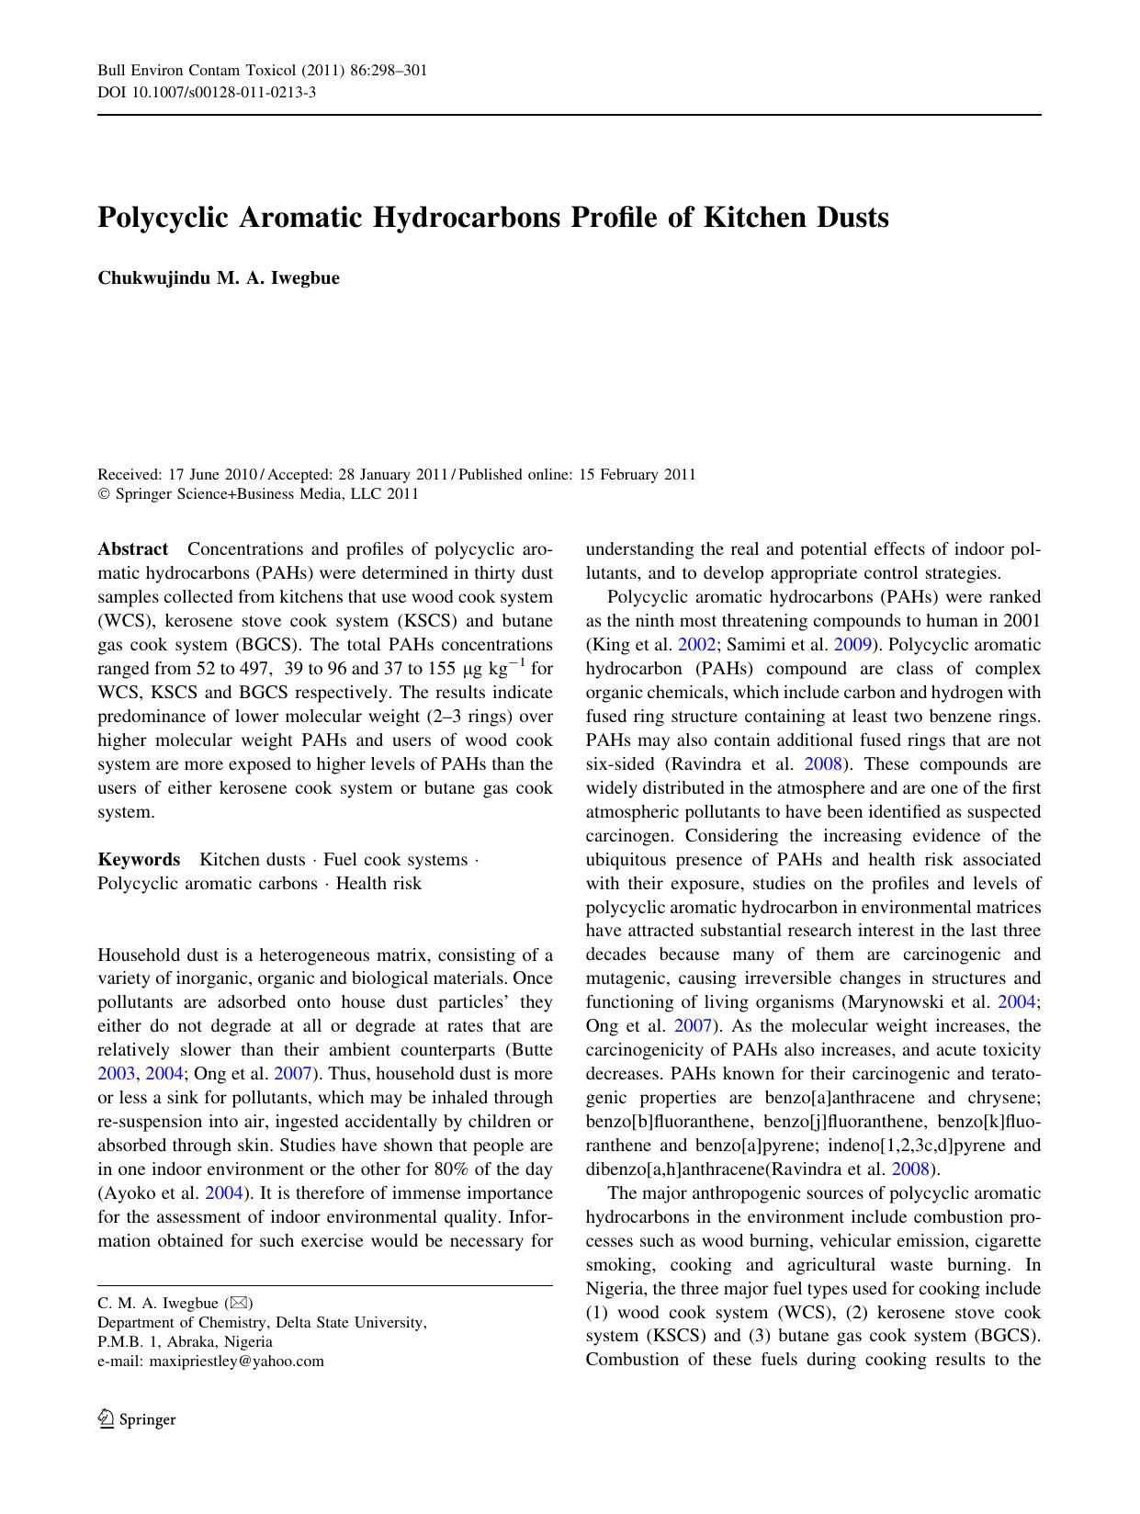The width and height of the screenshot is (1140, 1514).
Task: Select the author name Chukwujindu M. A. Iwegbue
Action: (x=219, y=278)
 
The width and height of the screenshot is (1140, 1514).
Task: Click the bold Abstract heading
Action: (x=133, y=549)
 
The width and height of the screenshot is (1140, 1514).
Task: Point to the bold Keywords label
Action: (x=139, y=860)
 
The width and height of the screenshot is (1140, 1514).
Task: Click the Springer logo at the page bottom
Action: (x=137, y=1419)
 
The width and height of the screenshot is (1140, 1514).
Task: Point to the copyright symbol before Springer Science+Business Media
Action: (x=104, y=494)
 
